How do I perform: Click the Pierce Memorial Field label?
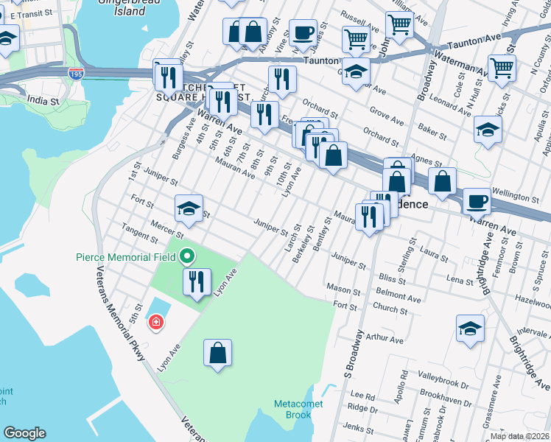coord(125,257)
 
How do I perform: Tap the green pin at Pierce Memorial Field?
coord(187,256)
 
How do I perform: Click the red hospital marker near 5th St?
coord(155,322)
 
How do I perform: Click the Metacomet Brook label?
coord(292,409)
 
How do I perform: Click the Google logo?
coord(24,433)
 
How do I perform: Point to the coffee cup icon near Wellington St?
coord(477,200)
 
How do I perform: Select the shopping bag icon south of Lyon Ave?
coord(219,353)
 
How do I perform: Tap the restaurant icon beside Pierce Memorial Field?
coord(197,282)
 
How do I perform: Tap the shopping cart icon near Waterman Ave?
coord(502,68)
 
